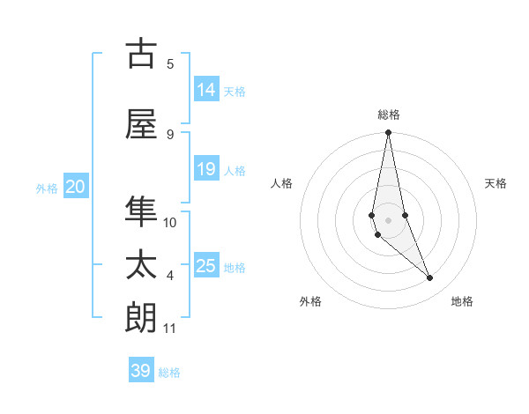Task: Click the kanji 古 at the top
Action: [x=141, y=54]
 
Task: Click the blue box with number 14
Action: [x=206, y=89]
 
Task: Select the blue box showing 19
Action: [x=206, y=169]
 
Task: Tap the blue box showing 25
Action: [x=206, y=266]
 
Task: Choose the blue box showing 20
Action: [x=76, y=187]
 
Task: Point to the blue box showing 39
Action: [x=141, y=371]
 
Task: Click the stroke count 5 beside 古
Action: [x=170, y=63]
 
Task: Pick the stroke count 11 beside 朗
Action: [x=170, y=329]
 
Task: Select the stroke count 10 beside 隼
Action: [x=170, y=222]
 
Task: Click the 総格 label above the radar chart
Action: [x=388, y=115]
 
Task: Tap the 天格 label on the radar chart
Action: [x=496, y=183]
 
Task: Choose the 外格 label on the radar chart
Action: [x=310, y=301]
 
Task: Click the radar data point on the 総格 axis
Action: [x=388, y=133]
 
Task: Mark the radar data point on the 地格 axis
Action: [x=430, y=278]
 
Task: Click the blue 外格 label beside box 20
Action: [x=47, y=189]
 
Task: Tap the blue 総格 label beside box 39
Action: [x=169, y=373]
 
